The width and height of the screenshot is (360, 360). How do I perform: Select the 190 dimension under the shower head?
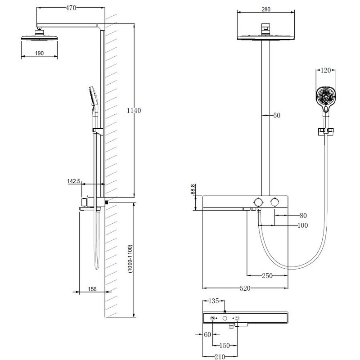[39, 54]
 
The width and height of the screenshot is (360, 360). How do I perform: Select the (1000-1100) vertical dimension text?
[130, 259]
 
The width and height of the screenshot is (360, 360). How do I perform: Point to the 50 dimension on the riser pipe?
[276, 116]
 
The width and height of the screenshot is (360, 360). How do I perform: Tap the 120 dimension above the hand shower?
[326, 70]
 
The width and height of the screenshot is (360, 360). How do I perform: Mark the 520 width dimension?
[245, 288]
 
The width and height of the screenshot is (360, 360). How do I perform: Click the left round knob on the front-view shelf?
[258, 202]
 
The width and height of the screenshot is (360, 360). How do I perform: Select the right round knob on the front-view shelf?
[274, 202]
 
